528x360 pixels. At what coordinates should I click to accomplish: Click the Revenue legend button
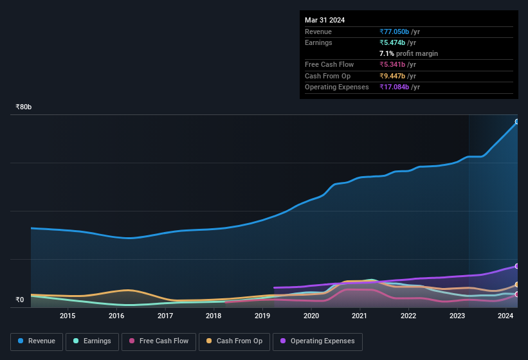[x=37, y=341]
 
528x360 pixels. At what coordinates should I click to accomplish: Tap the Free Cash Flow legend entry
[x=159, y=341]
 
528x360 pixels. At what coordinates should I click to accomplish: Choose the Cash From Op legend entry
[x=234, y=341]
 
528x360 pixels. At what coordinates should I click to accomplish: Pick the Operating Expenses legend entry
[x=318, y=341]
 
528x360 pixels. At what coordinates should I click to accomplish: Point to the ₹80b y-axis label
[x=24, y=107]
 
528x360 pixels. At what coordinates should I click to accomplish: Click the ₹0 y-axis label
[x=19, y=300]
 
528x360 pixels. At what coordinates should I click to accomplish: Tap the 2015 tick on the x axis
[x=68, y=316]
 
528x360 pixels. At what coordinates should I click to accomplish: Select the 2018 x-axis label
[x=214, y=316]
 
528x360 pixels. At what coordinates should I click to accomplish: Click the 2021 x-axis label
[x=360, y=316]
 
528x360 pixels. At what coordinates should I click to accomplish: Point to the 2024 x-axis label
[x=505, y=316]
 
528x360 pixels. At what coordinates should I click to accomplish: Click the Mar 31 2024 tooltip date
[x=325, y=20]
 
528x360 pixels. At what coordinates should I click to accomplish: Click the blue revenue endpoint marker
[x=516, y=122]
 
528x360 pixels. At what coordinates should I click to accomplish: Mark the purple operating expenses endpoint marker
[x=516, y=266]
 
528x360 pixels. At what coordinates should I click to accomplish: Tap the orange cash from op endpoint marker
[x=516, y=284]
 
